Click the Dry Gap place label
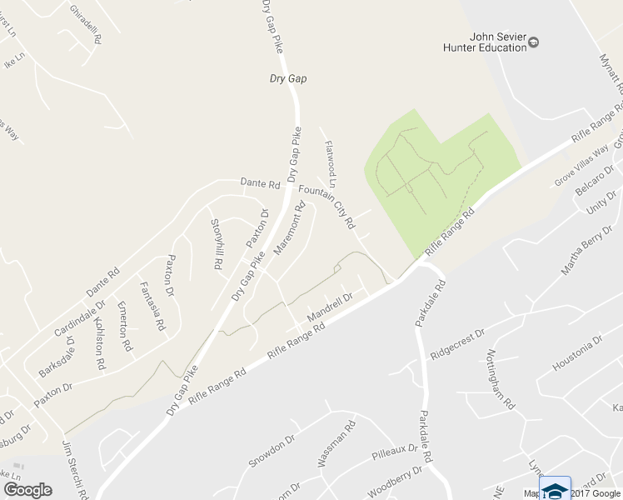click(x=288, y=78)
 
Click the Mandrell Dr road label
click(x=331, y=307)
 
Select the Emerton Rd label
click(x=125, y=325)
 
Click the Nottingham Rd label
click(x=505, y=378)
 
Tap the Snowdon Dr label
click(x=272, y=451)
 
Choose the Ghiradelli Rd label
click(x=86, y=24)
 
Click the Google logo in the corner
click(x=27, y=489)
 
